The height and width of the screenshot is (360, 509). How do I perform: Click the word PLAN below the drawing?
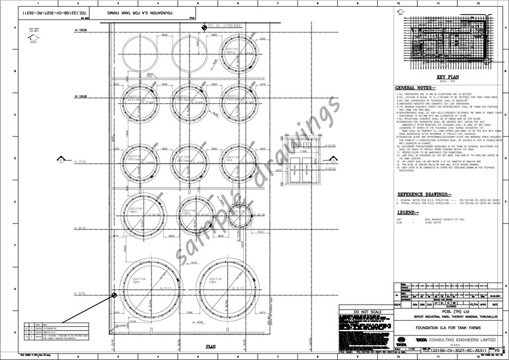tap(210, 346)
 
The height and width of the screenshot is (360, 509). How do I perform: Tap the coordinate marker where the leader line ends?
tap(114, 295)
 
